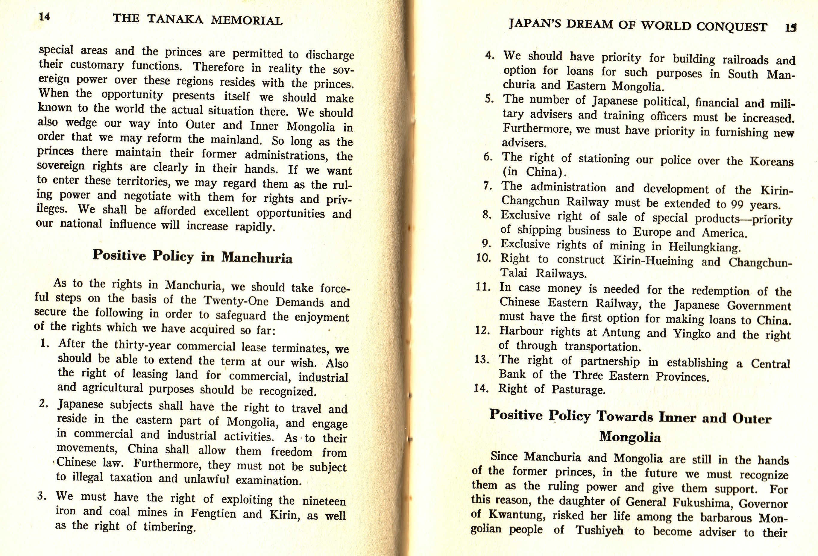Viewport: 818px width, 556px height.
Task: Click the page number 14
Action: (44, 16)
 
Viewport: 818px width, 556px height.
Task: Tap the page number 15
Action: (790, 28)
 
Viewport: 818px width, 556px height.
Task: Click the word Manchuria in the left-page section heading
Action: (257, 258)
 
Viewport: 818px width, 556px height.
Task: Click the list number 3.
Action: (42, 496)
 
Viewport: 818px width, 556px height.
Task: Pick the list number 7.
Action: (488, 186)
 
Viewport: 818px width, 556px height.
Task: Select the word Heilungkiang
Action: (704, 247)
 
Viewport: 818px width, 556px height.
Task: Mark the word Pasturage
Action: (578, 390)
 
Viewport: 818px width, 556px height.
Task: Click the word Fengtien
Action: (213, 513)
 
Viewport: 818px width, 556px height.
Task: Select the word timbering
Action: (169, 527)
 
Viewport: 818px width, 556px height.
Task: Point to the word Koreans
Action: (772, 162)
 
